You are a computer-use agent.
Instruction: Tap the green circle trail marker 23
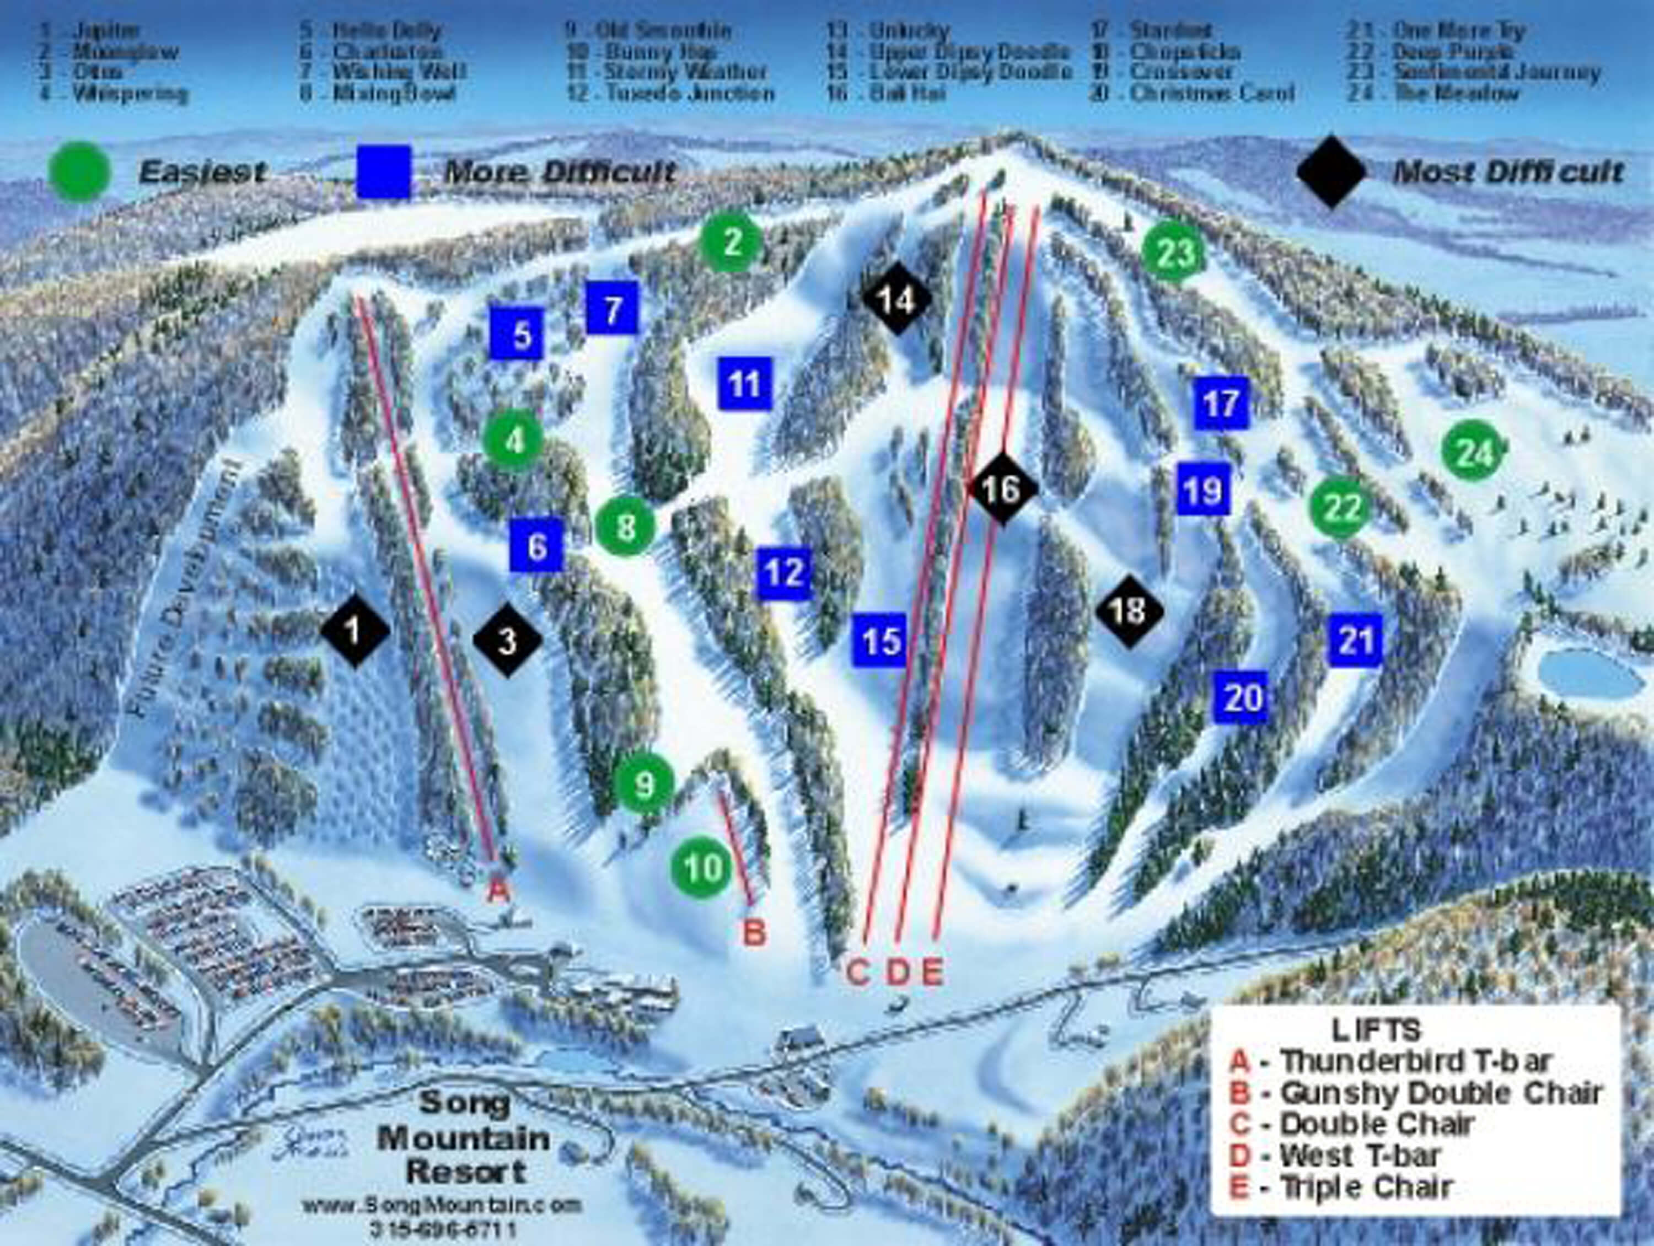(x=1174, y=253)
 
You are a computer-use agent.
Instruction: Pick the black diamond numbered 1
(x=355, y=631)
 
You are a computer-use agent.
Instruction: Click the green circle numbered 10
(x=701, y=868)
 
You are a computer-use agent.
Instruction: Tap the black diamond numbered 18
(x=1129, y=611)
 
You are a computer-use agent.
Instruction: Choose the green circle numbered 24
(x=1473, y=453)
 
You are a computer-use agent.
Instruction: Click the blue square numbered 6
(x=536, y=545)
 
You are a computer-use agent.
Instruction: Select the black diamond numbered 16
(x=1001, y=489)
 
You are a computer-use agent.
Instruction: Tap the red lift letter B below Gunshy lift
(x=754, y=933)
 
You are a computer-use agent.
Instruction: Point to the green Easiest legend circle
(x=79, y=172)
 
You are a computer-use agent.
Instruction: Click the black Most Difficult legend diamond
(x=1331, y=172)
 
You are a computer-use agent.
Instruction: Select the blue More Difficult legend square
(x=384, y=172)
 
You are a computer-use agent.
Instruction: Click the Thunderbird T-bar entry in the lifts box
(x=1391, y=1062)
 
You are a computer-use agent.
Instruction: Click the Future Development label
(x=190, y=589)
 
